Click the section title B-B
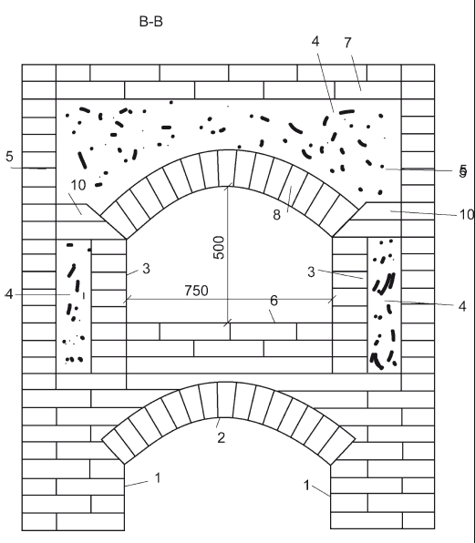[x=150, y=22]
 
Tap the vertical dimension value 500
[x=219, y=247]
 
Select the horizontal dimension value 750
[x=196, y=291]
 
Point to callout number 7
[x=348, y=43]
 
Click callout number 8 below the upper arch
[x=276, y=215]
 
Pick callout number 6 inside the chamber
[x=274, y=301]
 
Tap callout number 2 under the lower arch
[x=222, y=437]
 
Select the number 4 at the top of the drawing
[x=315, y=41]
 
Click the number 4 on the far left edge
[x=9, y=294]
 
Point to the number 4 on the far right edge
[x=462, y=306]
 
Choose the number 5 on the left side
[x=9, y=157]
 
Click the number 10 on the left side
[x=78, y=185]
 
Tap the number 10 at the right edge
[x=467, y=215]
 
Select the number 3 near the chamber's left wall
[x=146, y=269]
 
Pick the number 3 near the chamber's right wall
[x=311, y=272]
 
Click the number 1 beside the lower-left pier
[x=158, y=478]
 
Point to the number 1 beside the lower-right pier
[x=306, y=486]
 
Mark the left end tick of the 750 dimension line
[x=127, y=299]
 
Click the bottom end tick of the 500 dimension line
[x=227, y=323]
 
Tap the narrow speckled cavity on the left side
[x=74, y=306]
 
